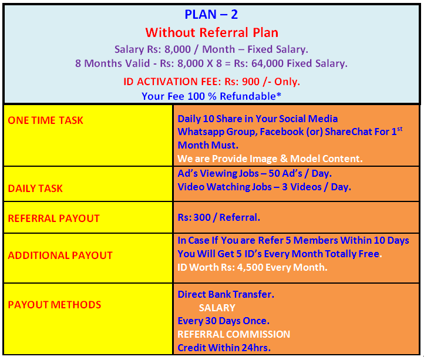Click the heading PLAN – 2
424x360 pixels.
point(211,15)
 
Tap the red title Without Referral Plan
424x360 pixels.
point(212,32)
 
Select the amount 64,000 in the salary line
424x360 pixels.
point(267,63)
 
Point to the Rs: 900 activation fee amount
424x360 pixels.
point(242,82)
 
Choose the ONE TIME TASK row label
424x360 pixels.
point(45,120)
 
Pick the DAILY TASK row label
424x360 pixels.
point(35,189)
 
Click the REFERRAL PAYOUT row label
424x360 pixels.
point(54,218)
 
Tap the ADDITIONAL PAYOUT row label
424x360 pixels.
point(60,255)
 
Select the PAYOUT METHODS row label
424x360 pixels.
point(55,305)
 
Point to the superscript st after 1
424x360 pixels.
point(400,129)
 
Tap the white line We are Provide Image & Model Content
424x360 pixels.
point(270,159)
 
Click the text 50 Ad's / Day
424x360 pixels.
point(300,173)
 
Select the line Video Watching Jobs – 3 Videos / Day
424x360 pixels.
point(264,187)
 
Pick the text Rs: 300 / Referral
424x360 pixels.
point(219,217)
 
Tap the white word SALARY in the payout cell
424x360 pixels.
point(217,308)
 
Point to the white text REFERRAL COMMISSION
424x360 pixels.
point(234,334)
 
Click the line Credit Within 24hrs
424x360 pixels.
point(224,348)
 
